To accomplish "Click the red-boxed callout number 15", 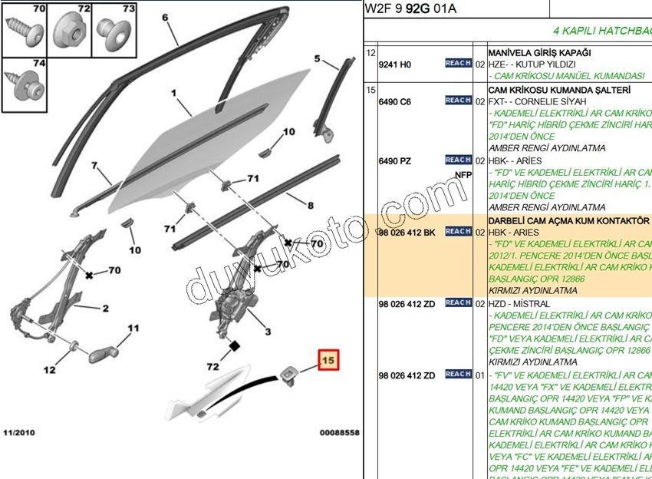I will coord(328,359).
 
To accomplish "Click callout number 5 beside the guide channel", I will coord(318,58).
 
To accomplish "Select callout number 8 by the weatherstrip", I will coord(310,205).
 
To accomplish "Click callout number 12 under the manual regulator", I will coord(49,370).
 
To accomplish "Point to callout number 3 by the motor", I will coord(268,332).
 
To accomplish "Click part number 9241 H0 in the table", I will coord(394,64).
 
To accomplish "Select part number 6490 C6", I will coord(394,101).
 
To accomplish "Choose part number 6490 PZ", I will coord(394,161).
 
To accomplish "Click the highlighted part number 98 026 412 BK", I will coord(407,232).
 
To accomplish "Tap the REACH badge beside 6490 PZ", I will coord(458,160).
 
